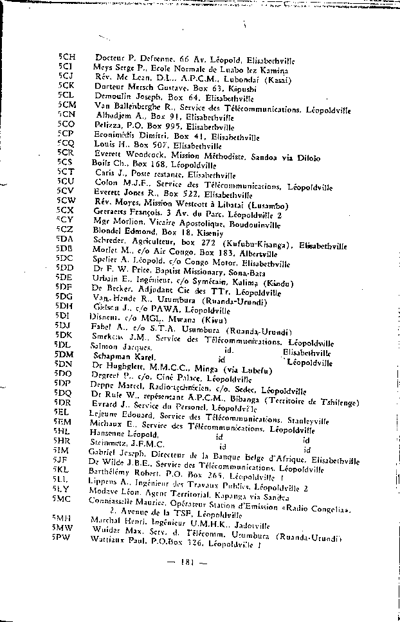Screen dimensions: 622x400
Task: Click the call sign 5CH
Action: click(66, 57)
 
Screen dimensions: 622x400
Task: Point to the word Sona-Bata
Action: click(240, 273)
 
